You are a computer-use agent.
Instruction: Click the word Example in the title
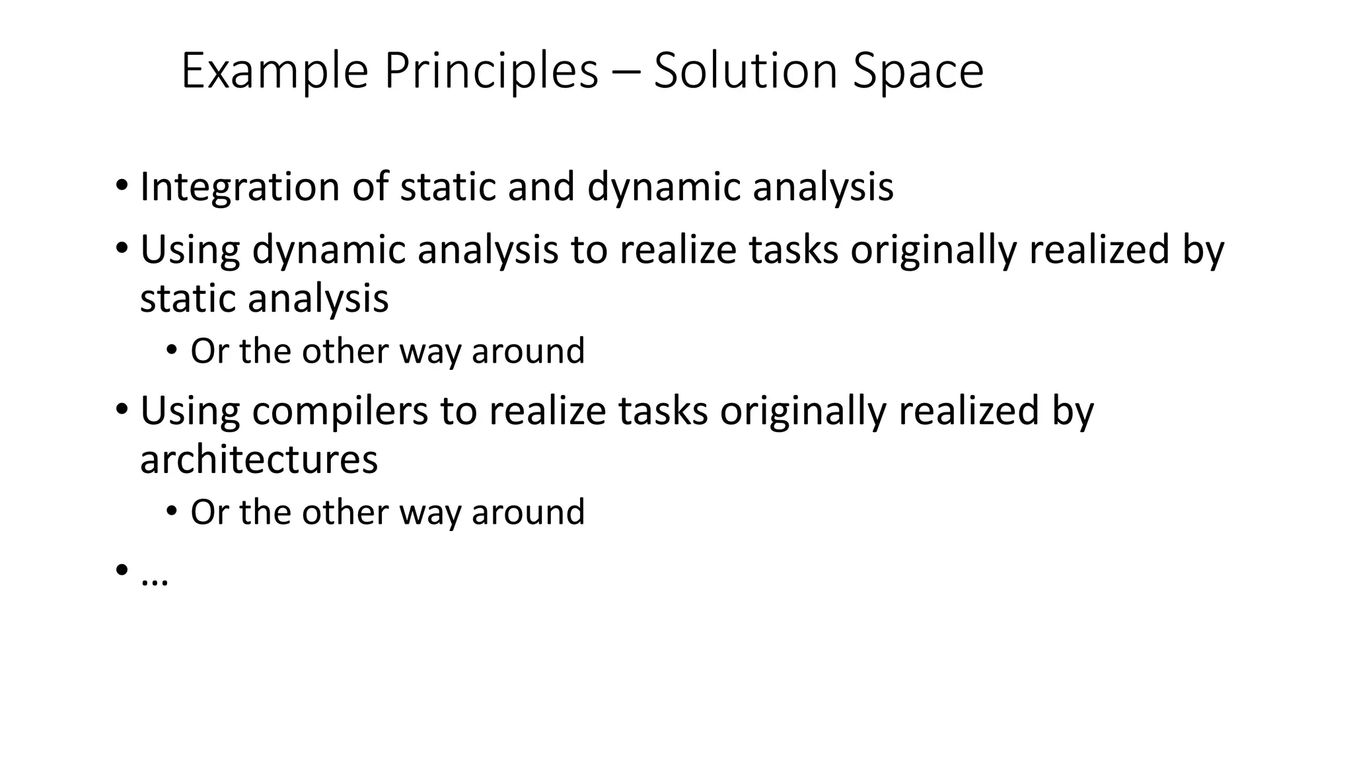click(x=274, y=71)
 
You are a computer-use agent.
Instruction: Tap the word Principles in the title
click(x=491, y=71)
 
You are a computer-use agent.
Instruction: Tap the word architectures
click(x=259, y=459)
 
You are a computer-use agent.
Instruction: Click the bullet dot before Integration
click(x=121, y=186)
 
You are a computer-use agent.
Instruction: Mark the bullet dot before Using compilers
click(x=121, y=410)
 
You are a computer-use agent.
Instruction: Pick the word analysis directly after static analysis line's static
click(x=318, y=299)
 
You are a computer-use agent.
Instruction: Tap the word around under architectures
click(x=529, y=512)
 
